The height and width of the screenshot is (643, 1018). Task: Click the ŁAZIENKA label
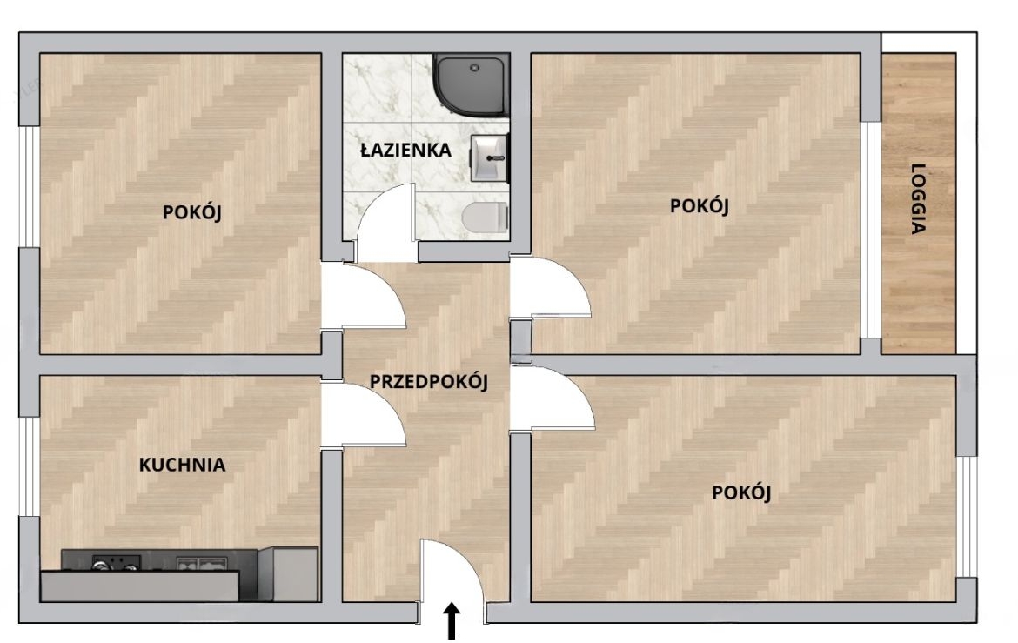[x=405, y=150]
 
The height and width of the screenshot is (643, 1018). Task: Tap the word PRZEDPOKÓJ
[x=428, y=381]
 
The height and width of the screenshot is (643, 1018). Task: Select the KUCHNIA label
[x=183, y=465]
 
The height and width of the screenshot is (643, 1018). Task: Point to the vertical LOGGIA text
[x=918, y=198]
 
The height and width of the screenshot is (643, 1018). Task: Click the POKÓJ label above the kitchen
[x=192, y=212]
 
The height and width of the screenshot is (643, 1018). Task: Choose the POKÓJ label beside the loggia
[x=700, y=206]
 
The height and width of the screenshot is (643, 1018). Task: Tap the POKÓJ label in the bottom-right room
[x=741, y=492]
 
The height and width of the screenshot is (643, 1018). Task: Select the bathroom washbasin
[x=490, y=157]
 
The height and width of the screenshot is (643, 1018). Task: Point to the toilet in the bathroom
[x=486, y=217]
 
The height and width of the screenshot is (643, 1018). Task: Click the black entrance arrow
[x=452, y=621]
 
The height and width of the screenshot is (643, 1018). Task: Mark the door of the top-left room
[x=364, y=296]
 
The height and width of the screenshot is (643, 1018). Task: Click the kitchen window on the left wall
[x=28, y=466]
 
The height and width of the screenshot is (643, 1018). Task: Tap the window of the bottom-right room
[x=968, y=517]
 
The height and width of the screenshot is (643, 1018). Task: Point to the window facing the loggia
[x=871, y=230]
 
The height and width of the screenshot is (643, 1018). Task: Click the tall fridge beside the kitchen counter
[x=288, y=573]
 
